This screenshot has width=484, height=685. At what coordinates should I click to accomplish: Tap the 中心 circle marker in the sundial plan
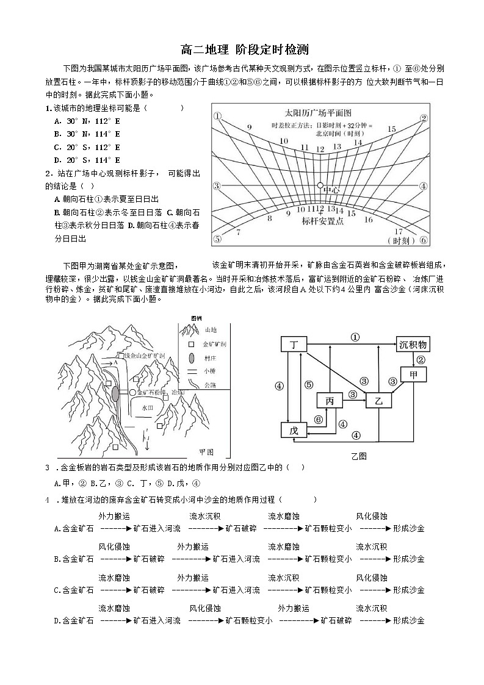point(320,185)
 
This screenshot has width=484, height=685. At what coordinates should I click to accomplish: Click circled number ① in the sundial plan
point(216,115)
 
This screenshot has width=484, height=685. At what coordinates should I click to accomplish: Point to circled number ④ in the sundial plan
point(424,186)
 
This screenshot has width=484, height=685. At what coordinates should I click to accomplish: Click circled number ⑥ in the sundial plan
point(424,239)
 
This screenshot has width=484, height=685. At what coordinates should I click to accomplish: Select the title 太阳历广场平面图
point(318,113)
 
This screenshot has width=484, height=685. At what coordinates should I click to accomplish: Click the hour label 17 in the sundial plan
point(399,231)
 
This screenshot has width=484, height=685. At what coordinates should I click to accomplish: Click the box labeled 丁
point(294,345)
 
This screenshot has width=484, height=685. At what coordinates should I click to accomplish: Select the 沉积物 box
point(414,345)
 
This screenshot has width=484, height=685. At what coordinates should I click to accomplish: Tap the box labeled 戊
point(294,430)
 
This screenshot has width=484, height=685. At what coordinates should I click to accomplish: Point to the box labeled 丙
point(330,401)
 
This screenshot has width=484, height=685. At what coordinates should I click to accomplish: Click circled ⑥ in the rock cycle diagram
point(318,419)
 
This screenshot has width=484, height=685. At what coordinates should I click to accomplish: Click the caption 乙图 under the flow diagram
point(359,456)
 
